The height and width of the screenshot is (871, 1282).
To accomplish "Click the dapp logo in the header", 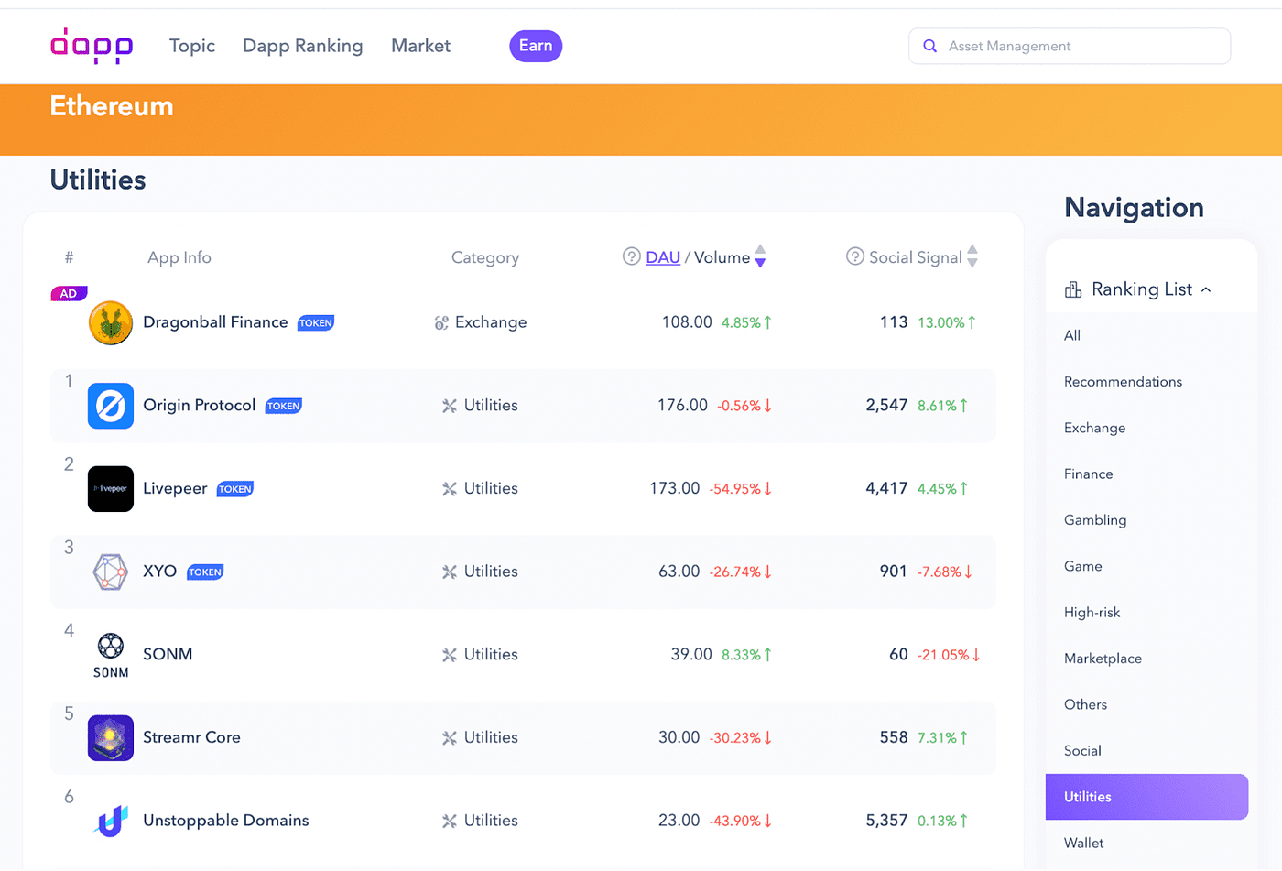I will point(92,46).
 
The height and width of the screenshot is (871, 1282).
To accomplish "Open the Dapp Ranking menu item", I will point(302,46).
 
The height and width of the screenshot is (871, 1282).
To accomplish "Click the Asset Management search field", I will point(1081,46).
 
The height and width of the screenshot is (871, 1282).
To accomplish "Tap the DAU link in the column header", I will point(662,257).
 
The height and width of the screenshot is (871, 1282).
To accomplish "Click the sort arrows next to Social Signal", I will point(972,256).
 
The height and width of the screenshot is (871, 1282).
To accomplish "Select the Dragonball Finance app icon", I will point(111,322).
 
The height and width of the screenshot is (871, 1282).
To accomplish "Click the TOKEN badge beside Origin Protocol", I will point(283,406).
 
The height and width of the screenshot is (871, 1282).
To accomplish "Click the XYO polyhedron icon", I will point(111,572).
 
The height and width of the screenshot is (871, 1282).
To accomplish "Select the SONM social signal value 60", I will point(898,654).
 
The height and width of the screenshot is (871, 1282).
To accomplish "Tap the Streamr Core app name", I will point(191,737).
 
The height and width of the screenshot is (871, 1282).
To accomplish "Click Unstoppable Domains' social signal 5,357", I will point(886,821).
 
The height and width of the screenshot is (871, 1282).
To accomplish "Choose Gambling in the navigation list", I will point(1095,520).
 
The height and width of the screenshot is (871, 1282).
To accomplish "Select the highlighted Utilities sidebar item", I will point(1146,797).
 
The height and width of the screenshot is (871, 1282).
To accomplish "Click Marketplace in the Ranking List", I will point(1103,659).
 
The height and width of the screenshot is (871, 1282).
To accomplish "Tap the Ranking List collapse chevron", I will point(1206,289).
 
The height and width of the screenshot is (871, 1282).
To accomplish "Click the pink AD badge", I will point(69,294).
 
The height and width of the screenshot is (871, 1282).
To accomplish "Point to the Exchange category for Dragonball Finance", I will point(490,322).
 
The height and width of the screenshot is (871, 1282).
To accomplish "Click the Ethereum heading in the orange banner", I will point(112,106).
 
